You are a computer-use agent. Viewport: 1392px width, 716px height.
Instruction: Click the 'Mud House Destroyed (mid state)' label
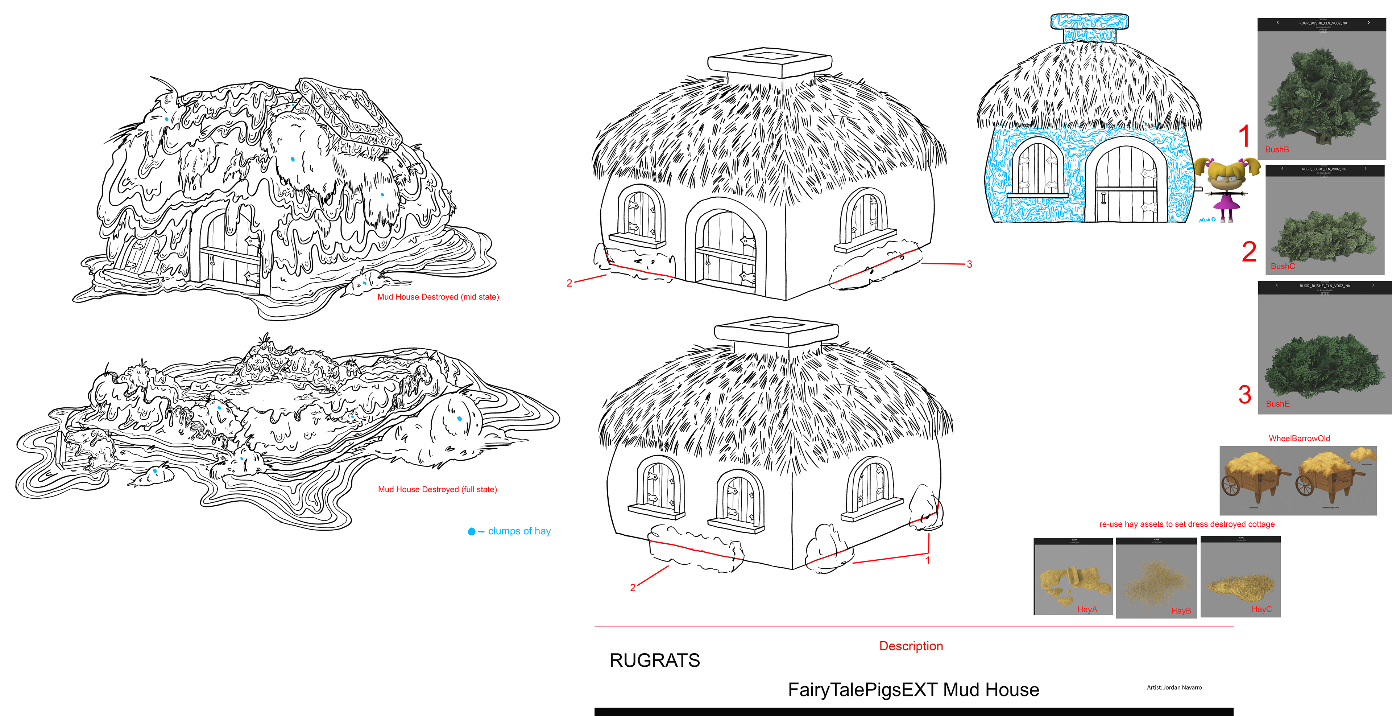point(438,297)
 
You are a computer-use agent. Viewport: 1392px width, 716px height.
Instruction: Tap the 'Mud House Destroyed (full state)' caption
point(437,489)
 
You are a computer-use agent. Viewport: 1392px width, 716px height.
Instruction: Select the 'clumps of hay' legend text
point(519,531)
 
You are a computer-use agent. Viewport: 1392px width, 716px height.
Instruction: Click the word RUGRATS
point(654,660)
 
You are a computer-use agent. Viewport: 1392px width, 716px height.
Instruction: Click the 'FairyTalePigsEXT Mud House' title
point(913,690)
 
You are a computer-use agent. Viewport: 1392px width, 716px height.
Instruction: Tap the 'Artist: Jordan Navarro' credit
point(1174,687)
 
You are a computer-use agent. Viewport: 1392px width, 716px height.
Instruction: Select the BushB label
point(1276,150)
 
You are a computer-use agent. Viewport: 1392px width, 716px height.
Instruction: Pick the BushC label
point(1282,266)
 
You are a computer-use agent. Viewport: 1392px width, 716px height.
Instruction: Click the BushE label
point(1277,404)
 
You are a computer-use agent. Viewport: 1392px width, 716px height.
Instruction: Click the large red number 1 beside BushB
point(1244,136)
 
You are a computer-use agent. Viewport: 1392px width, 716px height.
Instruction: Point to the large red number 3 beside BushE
point(1244,395)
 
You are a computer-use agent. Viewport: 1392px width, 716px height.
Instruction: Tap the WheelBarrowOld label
point(1299,439)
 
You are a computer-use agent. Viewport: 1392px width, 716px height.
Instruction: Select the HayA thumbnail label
point(1087,609)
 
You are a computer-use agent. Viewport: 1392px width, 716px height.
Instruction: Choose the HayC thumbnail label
point(1261,609)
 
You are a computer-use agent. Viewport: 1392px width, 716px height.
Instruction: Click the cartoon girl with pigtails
point(1226,186)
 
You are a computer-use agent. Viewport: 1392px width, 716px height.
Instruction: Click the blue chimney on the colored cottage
point(1089,28)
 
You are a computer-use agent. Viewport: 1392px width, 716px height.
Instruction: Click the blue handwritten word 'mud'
point(1207,219)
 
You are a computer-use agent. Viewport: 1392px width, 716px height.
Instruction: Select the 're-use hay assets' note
point(1187,524)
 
